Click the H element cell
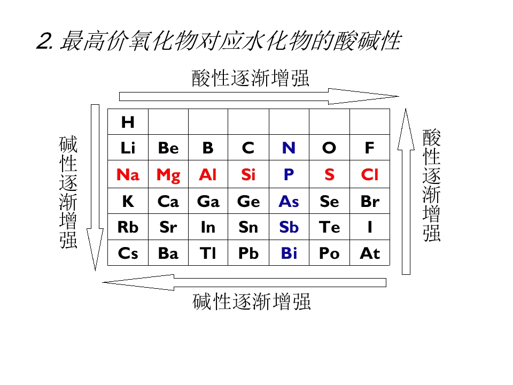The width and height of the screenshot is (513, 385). point(128,122)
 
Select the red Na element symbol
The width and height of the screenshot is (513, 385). point(128,174)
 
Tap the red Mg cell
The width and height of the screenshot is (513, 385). point(168,174)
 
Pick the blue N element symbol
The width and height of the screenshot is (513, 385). point(289,148)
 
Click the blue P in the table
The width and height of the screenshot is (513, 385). point(289,174)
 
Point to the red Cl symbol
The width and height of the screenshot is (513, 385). point(370,174)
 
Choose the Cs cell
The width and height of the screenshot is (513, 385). point(128,253)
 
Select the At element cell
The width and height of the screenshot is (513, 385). point(370,253)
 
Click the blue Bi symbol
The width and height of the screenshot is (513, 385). point(289,253)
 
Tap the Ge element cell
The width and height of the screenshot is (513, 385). point(248,201)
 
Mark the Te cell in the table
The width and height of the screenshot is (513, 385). point(330,227)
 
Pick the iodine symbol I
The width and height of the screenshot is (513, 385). point(370,227)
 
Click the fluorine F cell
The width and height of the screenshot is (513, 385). point(370,148)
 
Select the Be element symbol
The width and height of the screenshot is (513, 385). point(168,148)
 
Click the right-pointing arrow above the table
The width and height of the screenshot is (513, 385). point(259,96)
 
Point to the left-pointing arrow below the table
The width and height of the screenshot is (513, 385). point(244,282)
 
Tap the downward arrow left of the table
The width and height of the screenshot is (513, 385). point(95,188)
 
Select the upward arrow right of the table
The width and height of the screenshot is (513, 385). point(406,191)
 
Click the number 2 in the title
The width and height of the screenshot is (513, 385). point(43,41)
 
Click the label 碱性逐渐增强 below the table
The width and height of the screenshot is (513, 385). point(251,302)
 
